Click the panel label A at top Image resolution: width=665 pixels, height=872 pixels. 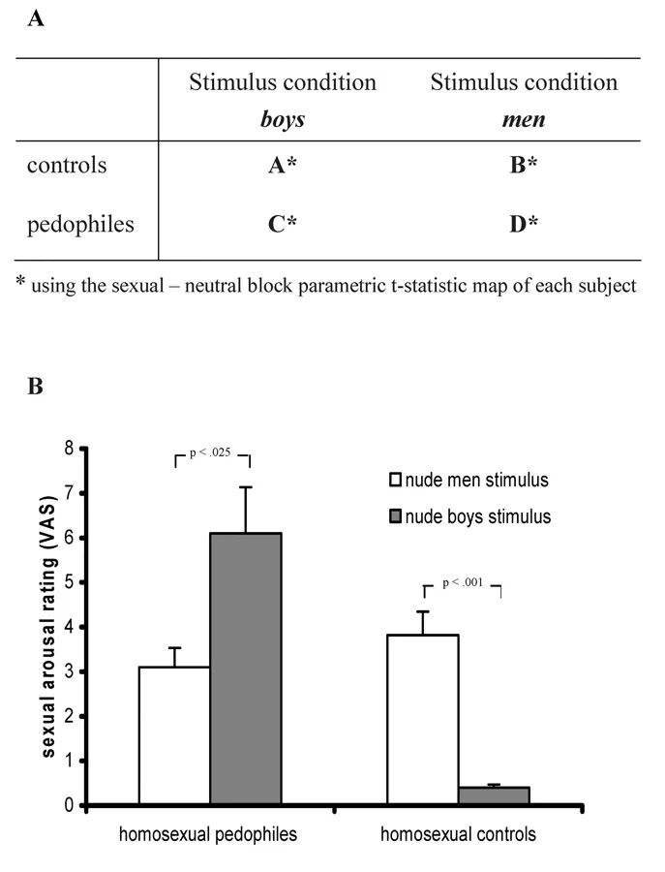35,18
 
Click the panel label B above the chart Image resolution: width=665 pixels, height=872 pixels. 35,389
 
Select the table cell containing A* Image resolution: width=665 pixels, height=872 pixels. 282,165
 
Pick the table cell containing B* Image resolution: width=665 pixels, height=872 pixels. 523,165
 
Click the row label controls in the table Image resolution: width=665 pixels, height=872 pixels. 67,165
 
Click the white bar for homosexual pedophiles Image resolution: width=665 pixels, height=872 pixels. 174,735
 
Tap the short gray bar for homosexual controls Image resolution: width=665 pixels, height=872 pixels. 494,795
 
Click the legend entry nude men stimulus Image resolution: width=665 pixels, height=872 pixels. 469,479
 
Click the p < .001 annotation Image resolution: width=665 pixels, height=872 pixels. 461,583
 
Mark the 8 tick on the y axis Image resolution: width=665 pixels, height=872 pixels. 69,449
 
